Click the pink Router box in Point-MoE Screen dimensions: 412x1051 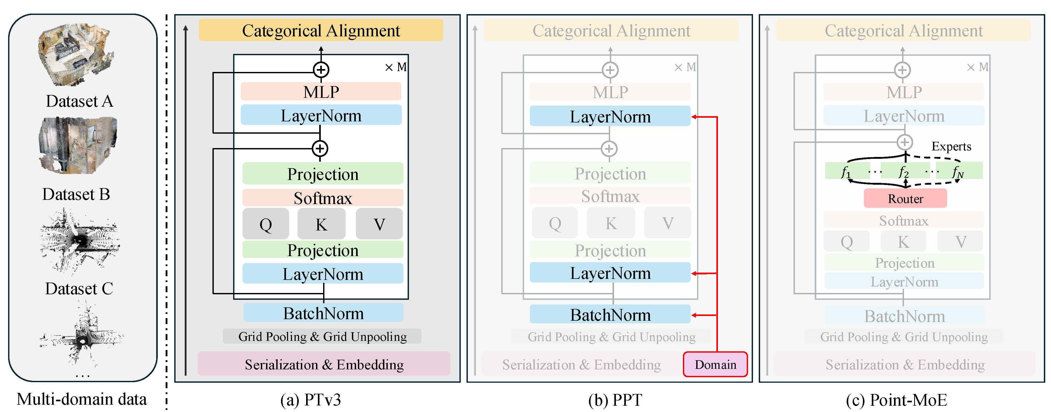pyautogui.click(x=905, y=198)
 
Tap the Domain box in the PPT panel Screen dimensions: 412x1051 pyautogui.click(x=715, y=364)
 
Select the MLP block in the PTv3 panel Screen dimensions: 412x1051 pyautogui.click(x=321, y=91)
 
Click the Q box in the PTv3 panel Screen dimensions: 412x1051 pyautogui.click(x=266, y=224)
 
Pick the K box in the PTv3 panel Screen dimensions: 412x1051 pyautogui.click(x=321, y=224)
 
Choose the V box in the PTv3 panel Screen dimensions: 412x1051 pyautogui.click(x=379, y=224)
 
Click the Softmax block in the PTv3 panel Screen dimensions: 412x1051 pyautogui.click(x=323, y=198)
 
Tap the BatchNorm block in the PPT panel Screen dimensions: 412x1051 pyautogui.click(x=610, y=314)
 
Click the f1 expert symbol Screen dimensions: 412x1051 pyautogui.click(x=846, y=172)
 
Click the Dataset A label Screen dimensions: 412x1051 pyautogui.click(x=79, y=101)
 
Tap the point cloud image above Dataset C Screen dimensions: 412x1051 pyautogui.click(x=79, y=241)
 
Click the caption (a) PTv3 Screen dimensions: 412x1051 pyautogui.click(x=311, y=400)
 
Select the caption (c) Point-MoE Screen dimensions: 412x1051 pyautogui.click(x=896, y=400)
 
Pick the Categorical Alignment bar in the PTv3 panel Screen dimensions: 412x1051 pyautogui.click(x=321, y=30)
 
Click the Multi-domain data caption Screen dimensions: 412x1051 pyautogui.click(x=82, y=399)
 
